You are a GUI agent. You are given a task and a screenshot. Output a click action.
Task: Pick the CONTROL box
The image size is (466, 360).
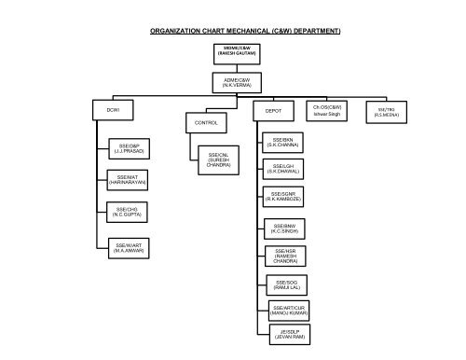pyautogui.click(x=205, y=123)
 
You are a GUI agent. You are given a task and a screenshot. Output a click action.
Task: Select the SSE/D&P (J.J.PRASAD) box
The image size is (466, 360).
pyautogui.click(x=129, y=148)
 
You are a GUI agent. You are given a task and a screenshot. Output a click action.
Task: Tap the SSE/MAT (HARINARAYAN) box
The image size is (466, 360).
pyautogui.click(x=129, y=179)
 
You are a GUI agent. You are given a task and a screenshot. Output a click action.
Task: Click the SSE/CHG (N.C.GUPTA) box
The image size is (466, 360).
pyautogui.click(x=129, y=212)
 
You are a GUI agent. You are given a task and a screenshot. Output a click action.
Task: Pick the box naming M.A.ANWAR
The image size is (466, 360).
pyautogui.click(x=129, y=246)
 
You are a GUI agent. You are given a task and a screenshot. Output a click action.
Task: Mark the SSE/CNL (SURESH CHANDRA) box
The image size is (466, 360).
pyautogui.click(x=219, y=159)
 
